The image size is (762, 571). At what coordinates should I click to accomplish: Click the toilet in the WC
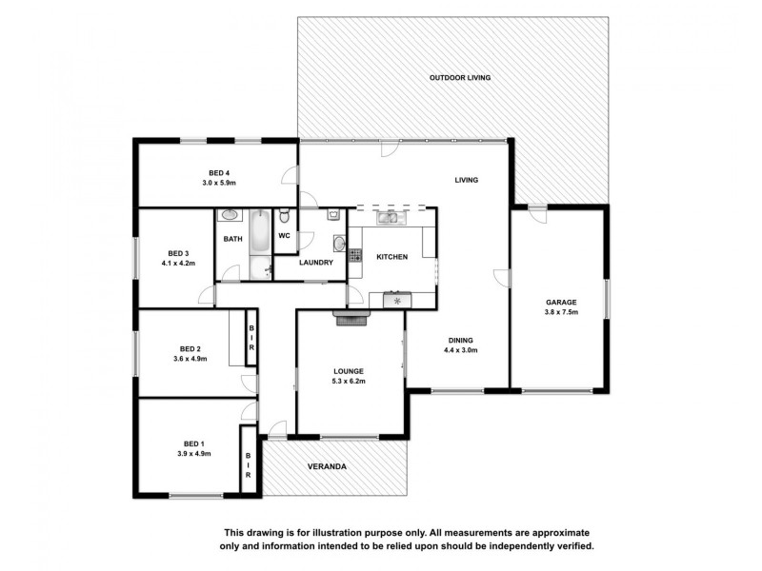pos(285,214)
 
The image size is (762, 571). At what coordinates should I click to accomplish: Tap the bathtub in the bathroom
pos(258,245)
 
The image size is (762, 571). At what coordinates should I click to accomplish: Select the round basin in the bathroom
pos(230,217)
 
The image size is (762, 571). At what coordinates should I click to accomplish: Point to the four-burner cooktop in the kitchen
pos(355,255)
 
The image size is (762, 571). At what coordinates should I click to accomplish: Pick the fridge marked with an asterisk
pos(396,301)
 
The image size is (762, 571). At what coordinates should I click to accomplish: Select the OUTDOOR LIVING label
pos(459,77)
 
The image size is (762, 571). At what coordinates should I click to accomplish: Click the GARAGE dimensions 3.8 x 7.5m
pos(561,312)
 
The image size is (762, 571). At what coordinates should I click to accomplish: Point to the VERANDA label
pos(326,467)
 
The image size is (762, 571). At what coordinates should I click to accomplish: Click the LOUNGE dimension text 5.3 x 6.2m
pos(349,382)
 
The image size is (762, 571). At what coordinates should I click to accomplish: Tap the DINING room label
pos(460,340)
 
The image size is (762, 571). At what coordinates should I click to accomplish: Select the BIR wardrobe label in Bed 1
pos(249,463)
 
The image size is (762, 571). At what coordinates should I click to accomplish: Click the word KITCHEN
pos(391,257)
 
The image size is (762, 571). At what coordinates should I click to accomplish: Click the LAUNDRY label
pos(315,262)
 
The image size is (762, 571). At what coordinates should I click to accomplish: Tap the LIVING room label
pos(465,180)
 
